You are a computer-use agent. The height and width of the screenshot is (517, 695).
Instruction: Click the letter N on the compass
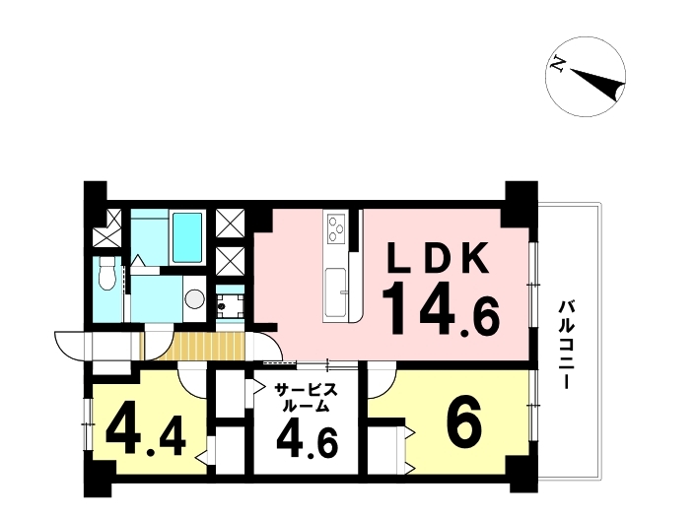(557, 65)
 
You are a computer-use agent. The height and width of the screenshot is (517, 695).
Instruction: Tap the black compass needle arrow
(597, 84)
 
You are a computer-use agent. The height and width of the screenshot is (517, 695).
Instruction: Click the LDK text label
(439, 258)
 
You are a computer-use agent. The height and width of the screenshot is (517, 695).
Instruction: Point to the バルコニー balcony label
(565, 345)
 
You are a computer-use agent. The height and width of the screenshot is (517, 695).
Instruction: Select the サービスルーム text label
(306, 398)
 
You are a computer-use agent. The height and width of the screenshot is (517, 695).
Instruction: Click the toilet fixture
(106, 272)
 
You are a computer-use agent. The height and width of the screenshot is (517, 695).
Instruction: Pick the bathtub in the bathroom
(186, 237)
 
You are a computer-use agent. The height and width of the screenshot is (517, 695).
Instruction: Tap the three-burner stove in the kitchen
(336, 228)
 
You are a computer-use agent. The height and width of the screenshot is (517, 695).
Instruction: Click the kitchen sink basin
(335, 291)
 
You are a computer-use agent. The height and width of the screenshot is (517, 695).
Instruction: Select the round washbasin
(194, 299)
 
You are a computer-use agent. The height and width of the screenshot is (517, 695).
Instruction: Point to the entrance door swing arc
(71, 346)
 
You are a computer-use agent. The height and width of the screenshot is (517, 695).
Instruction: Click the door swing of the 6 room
(382, 381)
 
